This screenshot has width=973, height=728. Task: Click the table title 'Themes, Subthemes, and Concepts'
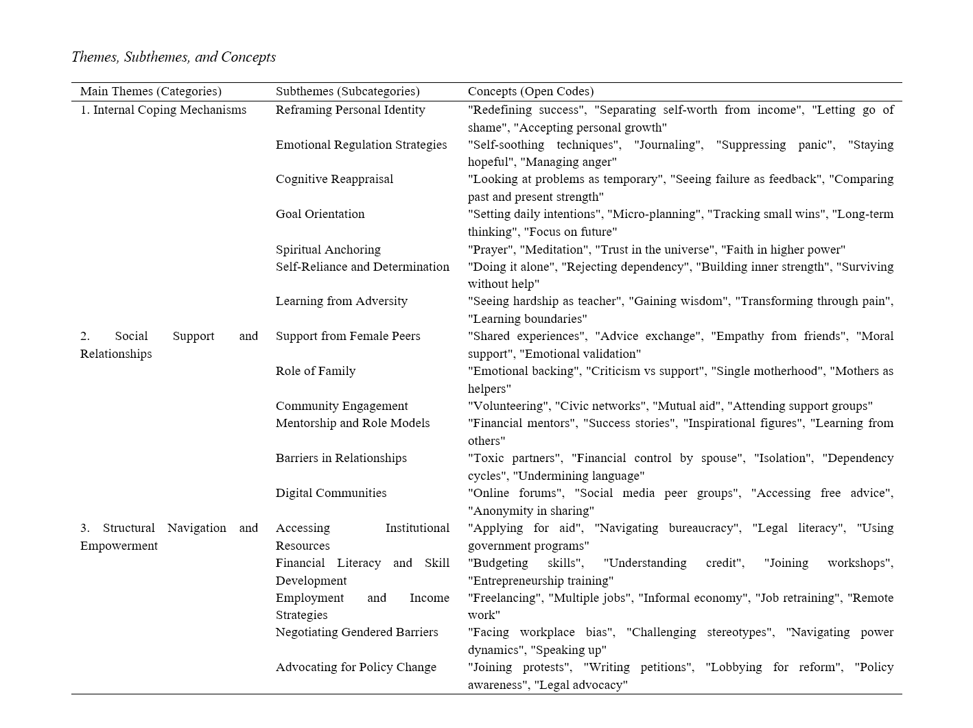tap(174, 57)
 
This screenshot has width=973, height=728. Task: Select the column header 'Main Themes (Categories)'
tap(150, 91)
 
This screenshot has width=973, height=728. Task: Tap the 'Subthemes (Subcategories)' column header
tap(347, 91)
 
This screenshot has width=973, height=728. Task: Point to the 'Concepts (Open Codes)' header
tap(530, 91)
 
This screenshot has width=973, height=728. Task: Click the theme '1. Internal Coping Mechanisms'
tap(163, 110)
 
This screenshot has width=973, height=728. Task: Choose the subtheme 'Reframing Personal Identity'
tap(350, 110)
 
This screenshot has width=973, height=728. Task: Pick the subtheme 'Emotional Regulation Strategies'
tap(361, 145)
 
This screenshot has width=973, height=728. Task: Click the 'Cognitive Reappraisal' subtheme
tap(334, 179)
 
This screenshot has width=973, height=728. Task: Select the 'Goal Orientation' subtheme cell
tap(320, 214)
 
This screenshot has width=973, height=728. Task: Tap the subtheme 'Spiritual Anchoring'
tap(328, 250)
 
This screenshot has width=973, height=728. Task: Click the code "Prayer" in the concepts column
tap(491, 250)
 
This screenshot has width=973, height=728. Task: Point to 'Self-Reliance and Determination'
tap(362, 267)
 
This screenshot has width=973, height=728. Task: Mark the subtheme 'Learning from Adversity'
tap(341, 301)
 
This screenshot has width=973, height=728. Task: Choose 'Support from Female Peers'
tap(348, 336)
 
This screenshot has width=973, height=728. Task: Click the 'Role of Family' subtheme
tap(316, 371)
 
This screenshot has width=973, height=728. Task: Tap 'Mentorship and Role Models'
tap(353, 423)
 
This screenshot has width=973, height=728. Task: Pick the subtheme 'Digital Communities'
tap(331, 493)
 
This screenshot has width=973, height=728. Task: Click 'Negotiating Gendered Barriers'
tap(357, 632)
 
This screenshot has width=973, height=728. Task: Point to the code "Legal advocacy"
tap(581, 685)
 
